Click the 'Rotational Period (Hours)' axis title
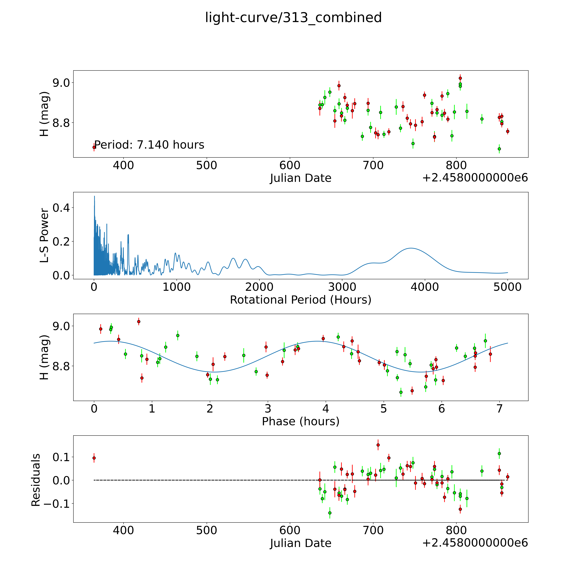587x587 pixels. [300, 300]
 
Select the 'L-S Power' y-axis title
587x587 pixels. [44, 235]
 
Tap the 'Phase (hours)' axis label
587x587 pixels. [300, 421]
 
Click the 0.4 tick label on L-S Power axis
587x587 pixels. [61, 208]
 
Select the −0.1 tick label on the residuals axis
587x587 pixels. [57, 504]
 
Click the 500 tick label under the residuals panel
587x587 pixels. [207, 530]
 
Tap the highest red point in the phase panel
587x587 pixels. [139, 321]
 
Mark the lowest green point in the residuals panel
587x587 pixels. [330, 513]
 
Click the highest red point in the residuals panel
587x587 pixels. [378, 445]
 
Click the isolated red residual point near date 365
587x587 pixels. [94, 458]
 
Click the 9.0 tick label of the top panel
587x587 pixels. [61, 83]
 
